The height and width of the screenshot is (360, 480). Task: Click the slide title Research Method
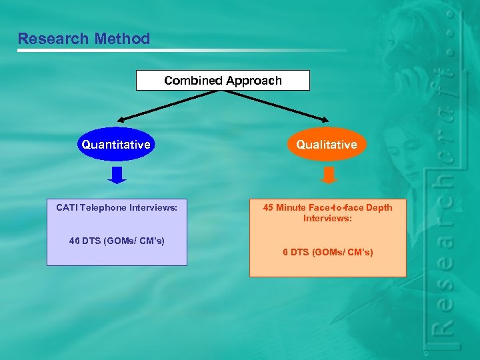click(84, 39)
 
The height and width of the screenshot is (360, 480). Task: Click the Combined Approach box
click(223, 81)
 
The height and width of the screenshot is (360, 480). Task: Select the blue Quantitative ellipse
click(116, 144)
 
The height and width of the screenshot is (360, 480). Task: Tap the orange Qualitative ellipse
click(327, 144)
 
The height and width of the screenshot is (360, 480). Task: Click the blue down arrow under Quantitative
click(117, 175)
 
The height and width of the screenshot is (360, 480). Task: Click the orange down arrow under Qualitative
click(329, 175)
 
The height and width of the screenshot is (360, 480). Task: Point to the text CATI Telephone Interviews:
click(117, 207)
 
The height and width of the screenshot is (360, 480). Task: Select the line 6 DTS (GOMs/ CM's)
click(327, 252)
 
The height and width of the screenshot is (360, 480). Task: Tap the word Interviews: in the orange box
click(327, 218)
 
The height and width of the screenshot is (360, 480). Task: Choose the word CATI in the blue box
click(66, 207)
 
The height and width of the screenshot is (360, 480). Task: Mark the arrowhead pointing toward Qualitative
click(325, 121)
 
